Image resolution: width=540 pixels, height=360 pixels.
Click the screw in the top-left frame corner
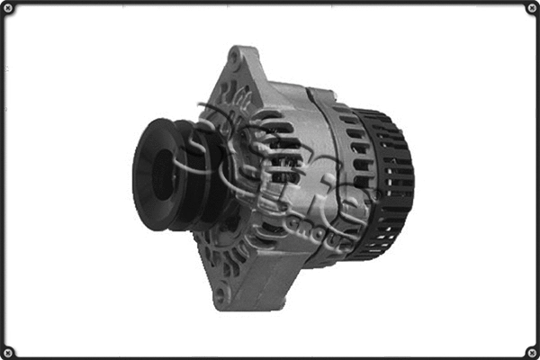[x=8, y=8]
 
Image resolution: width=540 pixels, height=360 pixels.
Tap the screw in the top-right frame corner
[x=531, y=8]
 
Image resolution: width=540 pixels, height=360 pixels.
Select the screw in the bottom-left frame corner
[x=8, y=351]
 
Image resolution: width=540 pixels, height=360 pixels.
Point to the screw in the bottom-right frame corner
[x=531, y=351]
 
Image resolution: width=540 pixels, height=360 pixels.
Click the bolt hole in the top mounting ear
[x=235, y=59]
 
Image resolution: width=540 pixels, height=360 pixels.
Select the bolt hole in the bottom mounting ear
[x=220, y=292]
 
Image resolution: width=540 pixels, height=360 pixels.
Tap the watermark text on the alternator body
[x=297, y=180]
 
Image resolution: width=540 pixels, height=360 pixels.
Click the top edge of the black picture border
[x=270, y=3]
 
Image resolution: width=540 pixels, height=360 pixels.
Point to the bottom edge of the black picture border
[x=270, y=356]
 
